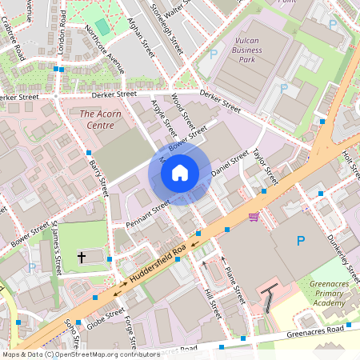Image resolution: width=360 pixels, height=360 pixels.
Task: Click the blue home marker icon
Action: pyautogui.click(x=180, y=172)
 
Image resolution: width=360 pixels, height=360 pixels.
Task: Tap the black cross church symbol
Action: pyautogui.click(x=82, y=257)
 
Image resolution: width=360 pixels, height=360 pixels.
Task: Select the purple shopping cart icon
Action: pyautogui.click(x=254, y=217)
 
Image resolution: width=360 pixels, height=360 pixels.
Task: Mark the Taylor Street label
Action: pyautogui.click(x=264, y=166)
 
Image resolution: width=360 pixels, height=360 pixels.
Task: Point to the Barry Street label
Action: pyautogui.click(x=98, y=177)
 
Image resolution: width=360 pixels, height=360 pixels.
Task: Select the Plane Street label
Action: pyautogui.click(x=231, y=285)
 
